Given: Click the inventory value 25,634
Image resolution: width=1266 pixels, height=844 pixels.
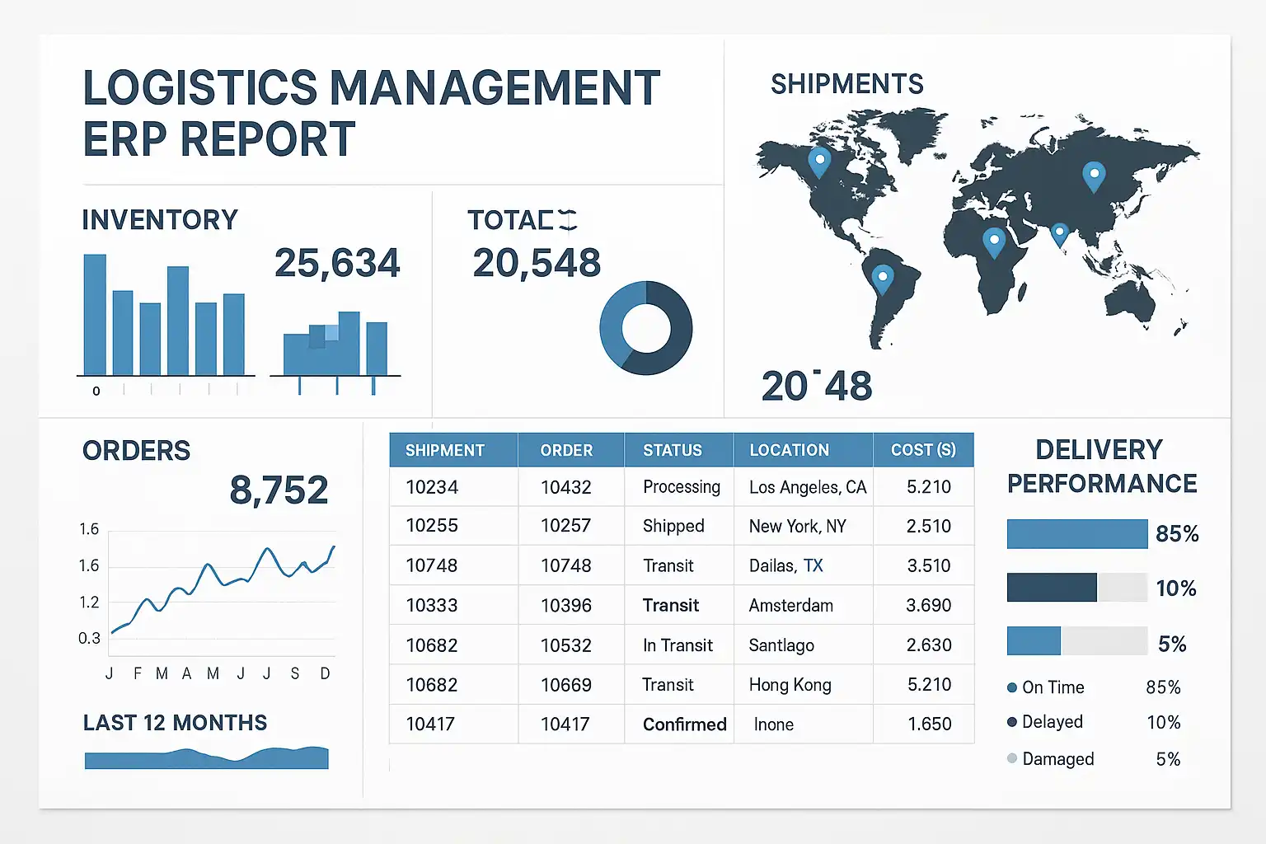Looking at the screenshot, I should pyautogui.click(x=337, y=264).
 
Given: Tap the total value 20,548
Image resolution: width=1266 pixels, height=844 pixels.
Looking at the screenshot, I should pyautogui.click(x=537, y=264).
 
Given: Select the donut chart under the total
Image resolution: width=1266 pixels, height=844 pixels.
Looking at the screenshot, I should pyautogui.click(x=646, y=328).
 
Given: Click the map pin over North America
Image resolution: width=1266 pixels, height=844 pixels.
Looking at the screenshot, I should pyautogui.click(x=819, y=161).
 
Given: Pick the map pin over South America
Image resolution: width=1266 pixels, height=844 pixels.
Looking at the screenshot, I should pyautogui.click(x=883, y=278).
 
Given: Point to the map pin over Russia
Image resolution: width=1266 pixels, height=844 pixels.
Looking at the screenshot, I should pyautogui.click(x=1094, y=176).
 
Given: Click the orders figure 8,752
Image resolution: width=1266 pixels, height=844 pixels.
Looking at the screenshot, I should pyautogui.click(x=279, y=490).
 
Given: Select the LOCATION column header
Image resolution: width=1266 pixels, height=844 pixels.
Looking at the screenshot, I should pyautogui.click(x=789, y=450).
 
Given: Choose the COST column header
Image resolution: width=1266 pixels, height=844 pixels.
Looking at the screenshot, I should pyautogui.click(x=923, y=450).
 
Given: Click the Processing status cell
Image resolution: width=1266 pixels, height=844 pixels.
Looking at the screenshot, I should pyautogui.click(x=682, y=487).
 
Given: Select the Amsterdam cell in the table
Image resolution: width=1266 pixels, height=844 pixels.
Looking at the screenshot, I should pyautogui.click(x=790, y=606).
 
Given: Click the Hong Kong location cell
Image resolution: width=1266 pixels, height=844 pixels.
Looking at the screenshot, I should pyautogui.click(x=790, y=685).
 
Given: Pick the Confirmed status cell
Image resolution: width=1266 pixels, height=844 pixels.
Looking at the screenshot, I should pyautogui.click(x=684, y=724).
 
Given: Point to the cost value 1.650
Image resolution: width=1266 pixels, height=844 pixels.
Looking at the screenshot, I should pyautogui.click(x=929, y=724).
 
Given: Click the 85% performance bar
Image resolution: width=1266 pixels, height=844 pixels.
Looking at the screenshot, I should pyautogui.click(x=1076, y=534).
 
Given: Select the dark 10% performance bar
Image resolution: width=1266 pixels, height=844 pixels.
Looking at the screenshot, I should pyautogui.click(x=1052, y=588).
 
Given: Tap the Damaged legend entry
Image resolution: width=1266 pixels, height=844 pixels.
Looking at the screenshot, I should pyautogui.click(x=1057, y=759).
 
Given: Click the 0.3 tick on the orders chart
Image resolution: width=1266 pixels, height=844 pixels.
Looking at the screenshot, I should pyautogui.click(x=89, y=639).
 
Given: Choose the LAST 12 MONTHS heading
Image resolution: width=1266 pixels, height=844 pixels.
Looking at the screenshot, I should pyautogui.click(x=175, y=723).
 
